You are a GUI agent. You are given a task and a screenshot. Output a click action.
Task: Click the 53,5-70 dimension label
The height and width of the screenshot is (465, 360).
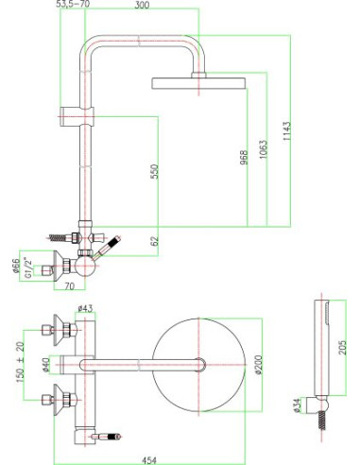pos(75,5)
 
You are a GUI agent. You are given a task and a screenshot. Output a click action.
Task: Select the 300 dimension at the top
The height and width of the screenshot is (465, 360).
pos(142,5)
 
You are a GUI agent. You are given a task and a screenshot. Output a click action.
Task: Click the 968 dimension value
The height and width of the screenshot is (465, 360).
pos(244,157)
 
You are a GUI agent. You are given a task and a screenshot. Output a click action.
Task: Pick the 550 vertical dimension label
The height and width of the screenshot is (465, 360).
pos(154,170)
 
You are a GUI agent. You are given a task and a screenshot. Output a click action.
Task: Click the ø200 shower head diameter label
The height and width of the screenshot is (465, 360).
pos(255,363)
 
